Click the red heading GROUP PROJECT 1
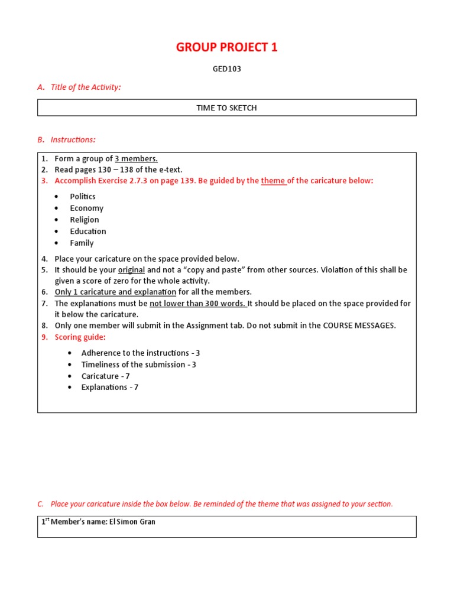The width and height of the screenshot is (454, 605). pos(226,48)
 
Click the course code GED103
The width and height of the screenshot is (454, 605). pos(226,69)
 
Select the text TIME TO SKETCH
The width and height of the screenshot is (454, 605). pos(226,108)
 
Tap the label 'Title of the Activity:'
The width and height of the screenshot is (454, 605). pos(85,87)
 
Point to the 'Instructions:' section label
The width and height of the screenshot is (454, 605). pos(73,140)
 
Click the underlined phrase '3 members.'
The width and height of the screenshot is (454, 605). pos(136,158)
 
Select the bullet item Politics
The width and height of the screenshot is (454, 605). pos(83,197)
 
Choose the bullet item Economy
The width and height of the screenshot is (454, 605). pos(86,208)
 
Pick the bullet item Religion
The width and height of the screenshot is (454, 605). pos(85,220)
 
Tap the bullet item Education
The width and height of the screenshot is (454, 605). pos(88,232)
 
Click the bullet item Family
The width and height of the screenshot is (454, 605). pos(82,243)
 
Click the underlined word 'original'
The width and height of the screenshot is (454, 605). pos(131,270)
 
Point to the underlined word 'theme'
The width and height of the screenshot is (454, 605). pos(273,181)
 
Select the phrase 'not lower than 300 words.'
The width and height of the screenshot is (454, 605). pos(197,304)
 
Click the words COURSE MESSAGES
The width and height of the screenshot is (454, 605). pos(359,326)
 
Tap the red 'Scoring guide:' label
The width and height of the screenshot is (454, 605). pos(80,337)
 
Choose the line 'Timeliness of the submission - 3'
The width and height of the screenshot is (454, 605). pos(139,365)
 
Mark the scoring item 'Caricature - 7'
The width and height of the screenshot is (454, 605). pos(105,376)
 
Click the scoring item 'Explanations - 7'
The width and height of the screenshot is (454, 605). pos(109,388)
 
